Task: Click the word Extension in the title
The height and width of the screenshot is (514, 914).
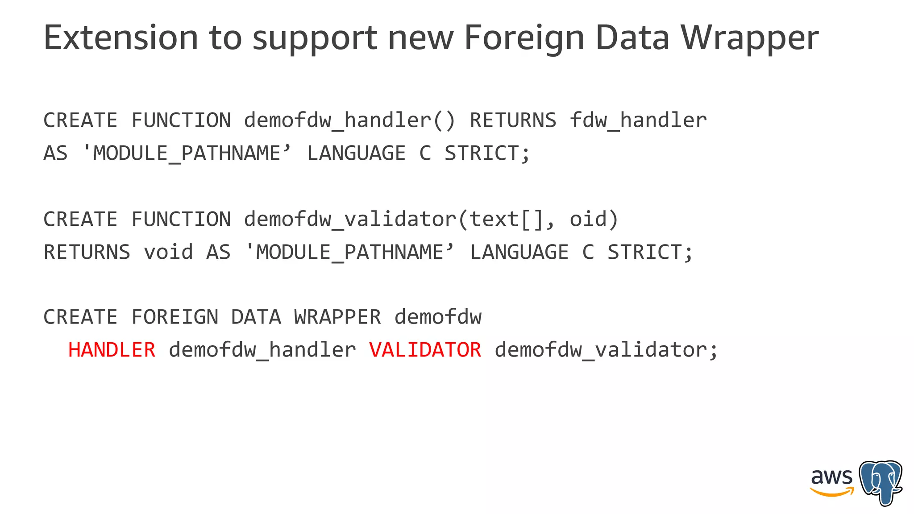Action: pos(120,37)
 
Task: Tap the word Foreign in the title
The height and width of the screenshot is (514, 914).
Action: pos(524,38)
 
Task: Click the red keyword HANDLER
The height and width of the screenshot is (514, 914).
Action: pos(112,350)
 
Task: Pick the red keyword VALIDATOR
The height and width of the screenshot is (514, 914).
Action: pos(425,350)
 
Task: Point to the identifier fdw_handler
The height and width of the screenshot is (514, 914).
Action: pos(638,120)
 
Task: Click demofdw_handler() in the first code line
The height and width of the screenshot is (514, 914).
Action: pos(350,120)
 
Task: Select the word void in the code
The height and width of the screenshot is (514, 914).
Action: pos(168,252)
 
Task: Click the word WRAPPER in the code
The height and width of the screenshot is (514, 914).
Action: pos(337,317)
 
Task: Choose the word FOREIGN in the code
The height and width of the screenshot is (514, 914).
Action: pos(175,317)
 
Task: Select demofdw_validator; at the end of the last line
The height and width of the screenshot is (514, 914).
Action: pos(607,350)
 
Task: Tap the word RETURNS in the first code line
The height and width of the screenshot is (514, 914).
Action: pos(513,120)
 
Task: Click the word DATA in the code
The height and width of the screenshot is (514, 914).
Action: pos(256,317)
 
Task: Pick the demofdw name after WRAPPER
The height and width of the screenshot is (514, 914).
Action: pos(438,317)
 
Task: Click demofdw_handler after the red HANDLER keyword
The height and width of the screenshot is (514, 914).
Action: pos(262,350)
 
